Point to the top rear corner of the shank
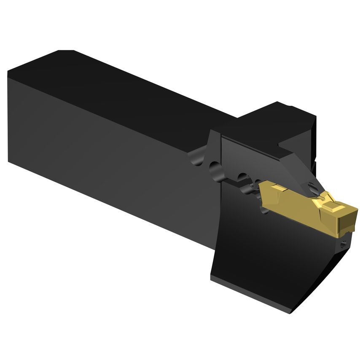click(59, 51)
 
